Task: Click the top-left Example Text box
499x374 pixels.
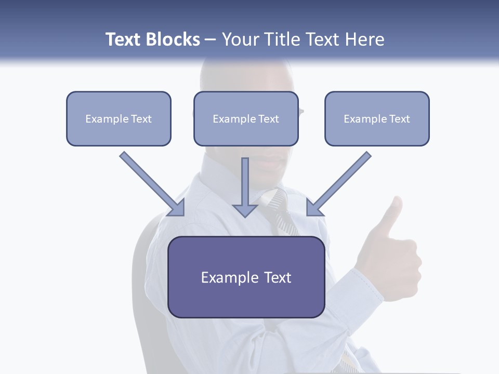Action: click(x=119, y=119)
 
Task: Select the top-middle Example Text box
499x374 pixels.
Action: click(x=246, y=119)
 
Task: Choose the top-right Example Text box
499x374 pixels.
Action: click(x=377, y=119)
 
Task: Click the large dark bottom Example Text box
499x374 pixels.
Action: click(x=246, y=277)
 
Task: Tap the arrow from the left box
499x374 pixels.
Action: click(x=151, y=183)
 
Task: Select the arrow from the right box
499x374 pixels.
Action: click(x=340, y=183)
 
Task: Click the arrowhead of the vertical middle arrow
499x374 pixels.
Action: click(x=245, y=210)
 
